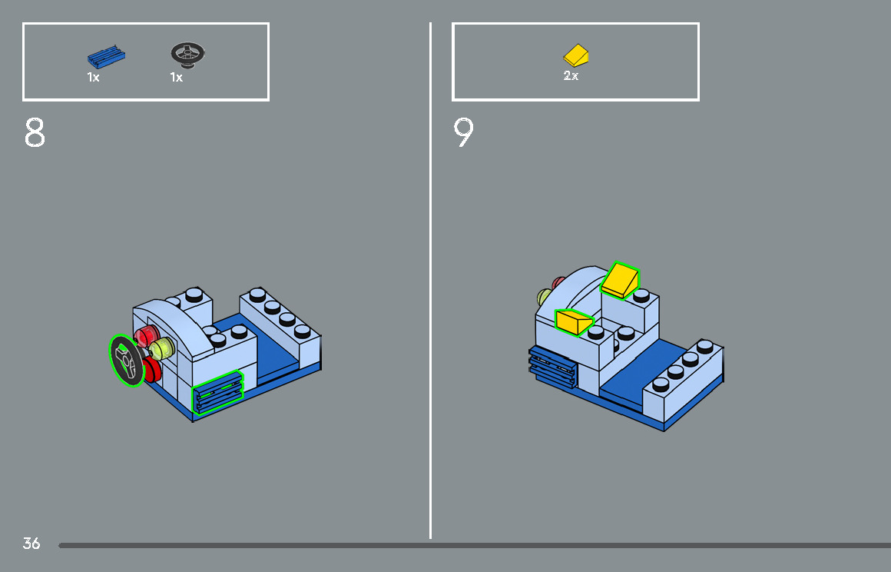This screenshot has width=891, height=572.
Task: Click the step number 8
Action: [35, 133]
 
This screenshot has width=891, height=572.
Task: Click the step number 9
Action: [463, 133]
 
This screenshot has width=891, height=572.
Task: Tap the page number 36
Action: [31, 544]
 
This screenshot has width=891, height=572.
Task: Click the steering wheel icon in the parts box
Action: [187, 54]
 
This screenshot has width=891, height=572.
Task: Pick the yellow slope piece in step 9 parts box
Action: [576, 55]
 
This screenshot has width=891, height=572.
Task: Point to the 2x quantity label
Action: [571, 76]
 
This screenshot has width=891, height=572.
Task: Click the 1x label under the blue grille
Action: [93, 78]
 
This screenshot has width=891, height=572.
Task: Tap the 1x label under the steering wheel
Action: [177, 78]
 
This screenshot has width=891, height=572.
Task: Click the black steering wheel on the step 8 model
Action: [126, 360]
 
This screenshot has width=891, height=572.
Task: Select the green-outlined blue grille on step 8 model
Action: [217, 393]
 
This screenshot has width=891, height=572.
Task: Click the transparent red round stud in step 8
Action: [146, 335]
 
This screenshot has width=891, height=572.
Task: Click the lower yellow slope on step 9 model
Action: [572, 321]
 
